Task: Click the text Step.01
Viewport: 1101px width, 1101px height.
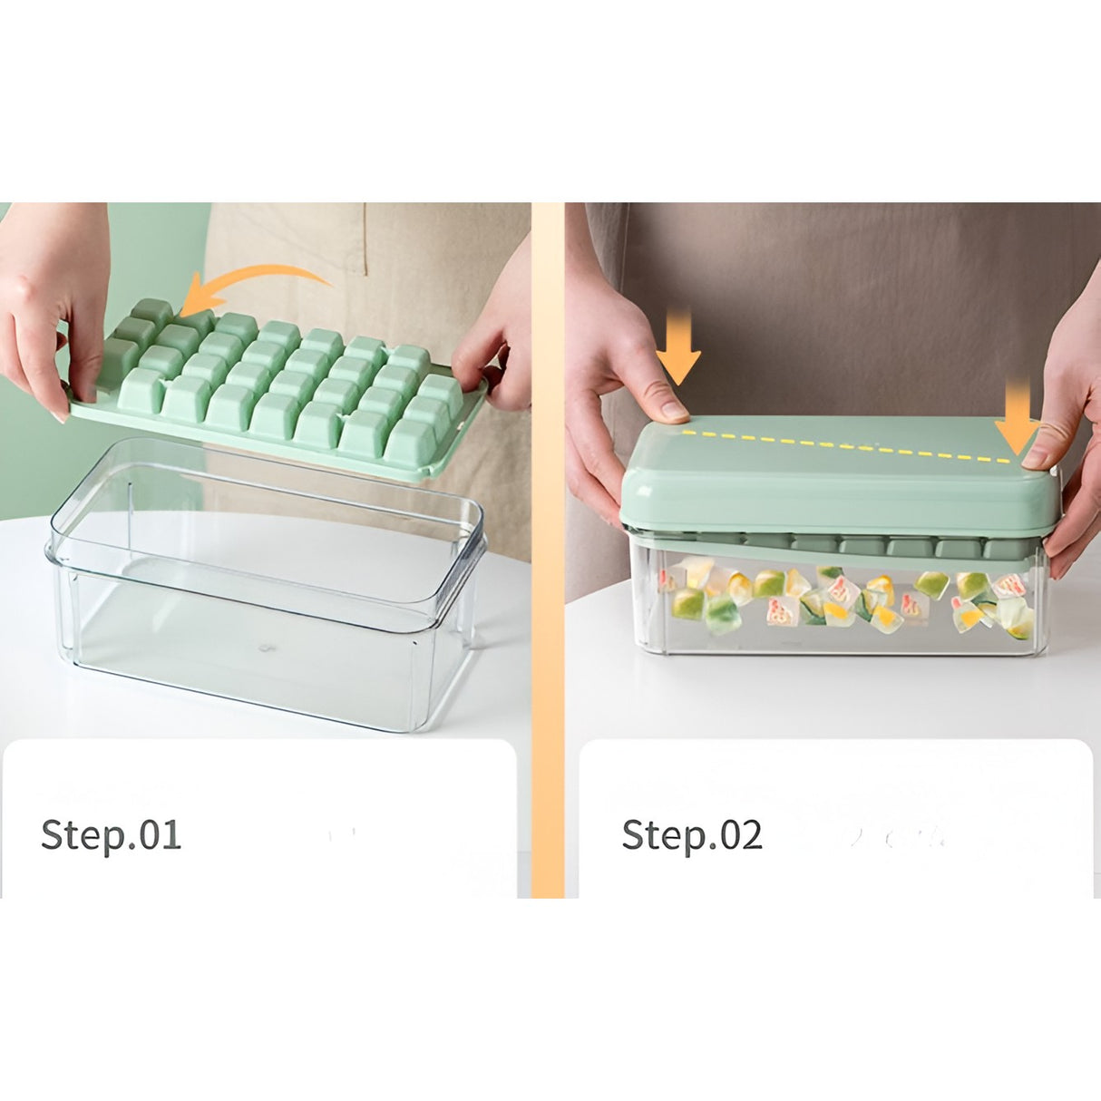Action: (111, 834)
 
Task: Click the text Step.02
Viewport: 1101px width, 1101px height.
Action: (691, 834)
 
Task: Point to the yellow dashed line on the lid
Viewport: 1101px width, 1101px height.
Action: (853, 444)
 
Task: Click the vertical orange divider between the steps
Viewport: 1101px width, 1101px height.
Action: (547, 544)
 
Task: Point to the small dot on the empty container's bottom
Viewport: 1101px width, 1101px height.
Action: (264, 648)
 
